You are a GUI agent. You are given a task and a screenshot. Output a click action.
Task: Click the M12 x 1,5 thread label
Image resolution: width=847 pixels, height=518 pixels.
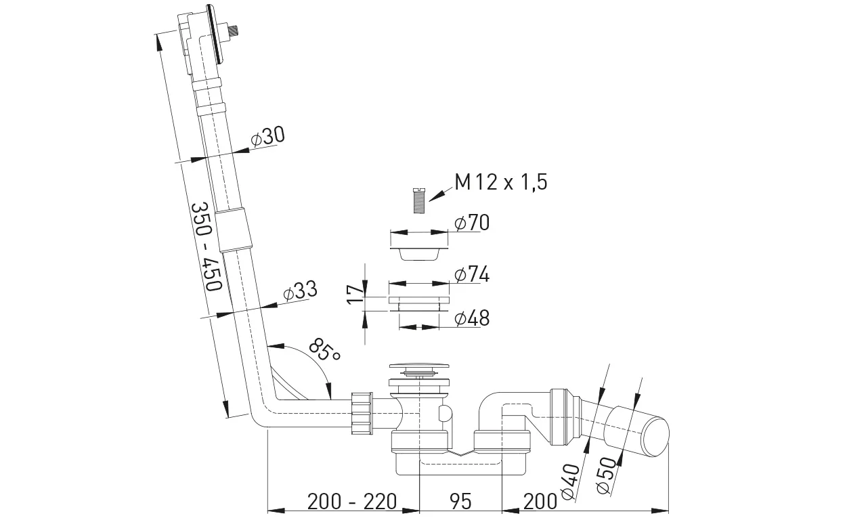(x=501, y=182)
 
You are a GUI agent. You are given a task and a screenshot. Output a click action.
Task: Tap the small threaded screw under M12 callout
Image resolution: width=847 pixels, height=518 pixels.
(x=418, y=200)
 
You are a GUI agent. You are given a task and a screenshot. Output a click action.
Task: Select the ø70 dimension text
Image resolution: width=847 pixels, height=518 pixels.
(x=472, y=222)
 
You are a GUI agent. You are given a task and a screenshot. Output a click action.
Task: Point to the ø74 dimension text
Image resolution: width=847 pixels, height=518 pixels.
(x=472, y=274)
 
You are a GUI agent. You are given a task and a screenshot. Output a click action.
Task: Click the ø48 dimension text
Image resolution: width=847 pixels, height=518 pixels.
(x=472, y=318)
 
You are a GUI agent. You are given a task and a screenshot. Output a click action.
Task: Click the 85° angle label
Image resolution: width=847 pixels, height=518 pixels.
(x=324, y=350)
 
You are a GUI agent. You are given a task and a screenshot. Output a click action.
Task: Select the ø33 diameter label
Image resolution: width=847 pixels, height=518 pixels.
(x=300, y=291)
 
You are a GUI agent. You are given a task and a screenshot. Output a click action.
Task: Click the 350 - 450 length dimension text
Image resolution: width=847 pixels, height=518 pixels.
(x=207, y=246)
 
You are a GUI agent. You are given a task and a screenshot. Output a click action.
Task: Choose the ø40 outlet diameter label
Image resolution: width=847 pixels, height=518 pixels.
(x=570, y=481)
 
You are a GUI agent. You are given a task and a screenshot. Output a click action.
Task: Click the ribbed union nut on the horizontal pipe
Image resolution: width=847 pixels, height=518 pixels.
(x=362, y=413)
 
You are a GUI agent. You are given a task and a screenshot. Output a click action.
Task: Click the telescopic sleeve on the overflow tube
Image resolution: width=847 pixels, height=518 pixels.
(x=234, y=230)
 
